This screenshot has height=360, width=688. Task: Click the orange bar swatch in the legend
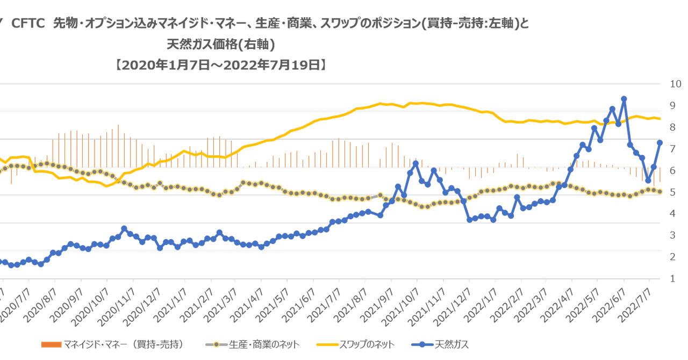pyautogui.click(x=52, y=343)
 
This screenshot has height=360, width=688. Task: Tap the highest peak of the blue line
pyautogui.click(x=623, y=98)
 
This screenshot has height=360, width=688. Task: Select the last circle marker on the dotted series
pyautogui.click(x=660, y=191)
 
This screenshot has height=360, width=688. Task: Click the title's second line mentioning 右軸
pyautogui.click(x=220, y=45)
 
